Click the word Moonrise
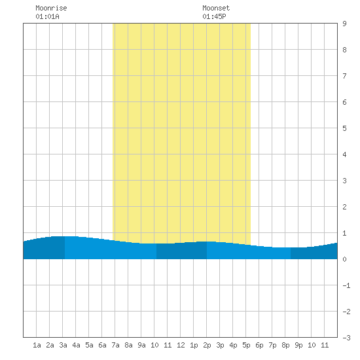[x=51, y=8]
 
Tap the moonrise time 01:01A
[x=47, y=16]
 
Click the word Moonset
[x=216, y=8]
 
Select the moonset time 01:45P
[x=214, y=16]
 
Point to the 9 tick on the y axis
[x=344, y=24]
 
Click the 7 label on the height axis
[x=344, y=76]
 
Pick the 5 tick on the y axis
[x=344, y=128]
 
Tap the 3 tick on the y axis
[x=344, y=181]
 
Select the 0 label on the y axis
[x=344, y=259]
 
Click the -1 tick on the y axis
[x=346, y=285]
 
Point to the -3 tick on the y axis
[x=346, y=338]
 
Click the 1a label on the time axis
[x=37, y=345]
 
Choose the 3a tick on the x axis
[x=63, y=345]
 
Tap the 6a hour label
[x=102, y=345]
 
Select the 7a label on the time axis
[x=115, y=345]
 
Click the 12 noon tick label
[x=181, y=345]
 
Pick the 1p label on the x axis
[x=194, y=345]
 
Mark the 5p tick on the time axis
[x=246, y=345]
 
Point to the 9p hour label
[x=298, y=345]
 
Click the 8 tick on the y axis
[x=344, y=50]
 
